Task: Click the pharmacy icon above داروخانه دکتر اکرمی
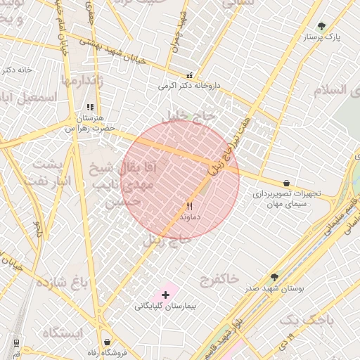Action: [x=189, y=75]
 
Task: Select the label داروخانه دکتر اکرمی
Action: [x=189, y=86]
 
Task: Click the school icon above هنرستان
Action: [x=89, y=108]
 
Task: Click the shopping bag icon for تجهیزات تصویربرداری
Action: [x=286, y=183]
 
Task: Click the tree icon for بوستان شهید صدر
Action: [x=274, y=278]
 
